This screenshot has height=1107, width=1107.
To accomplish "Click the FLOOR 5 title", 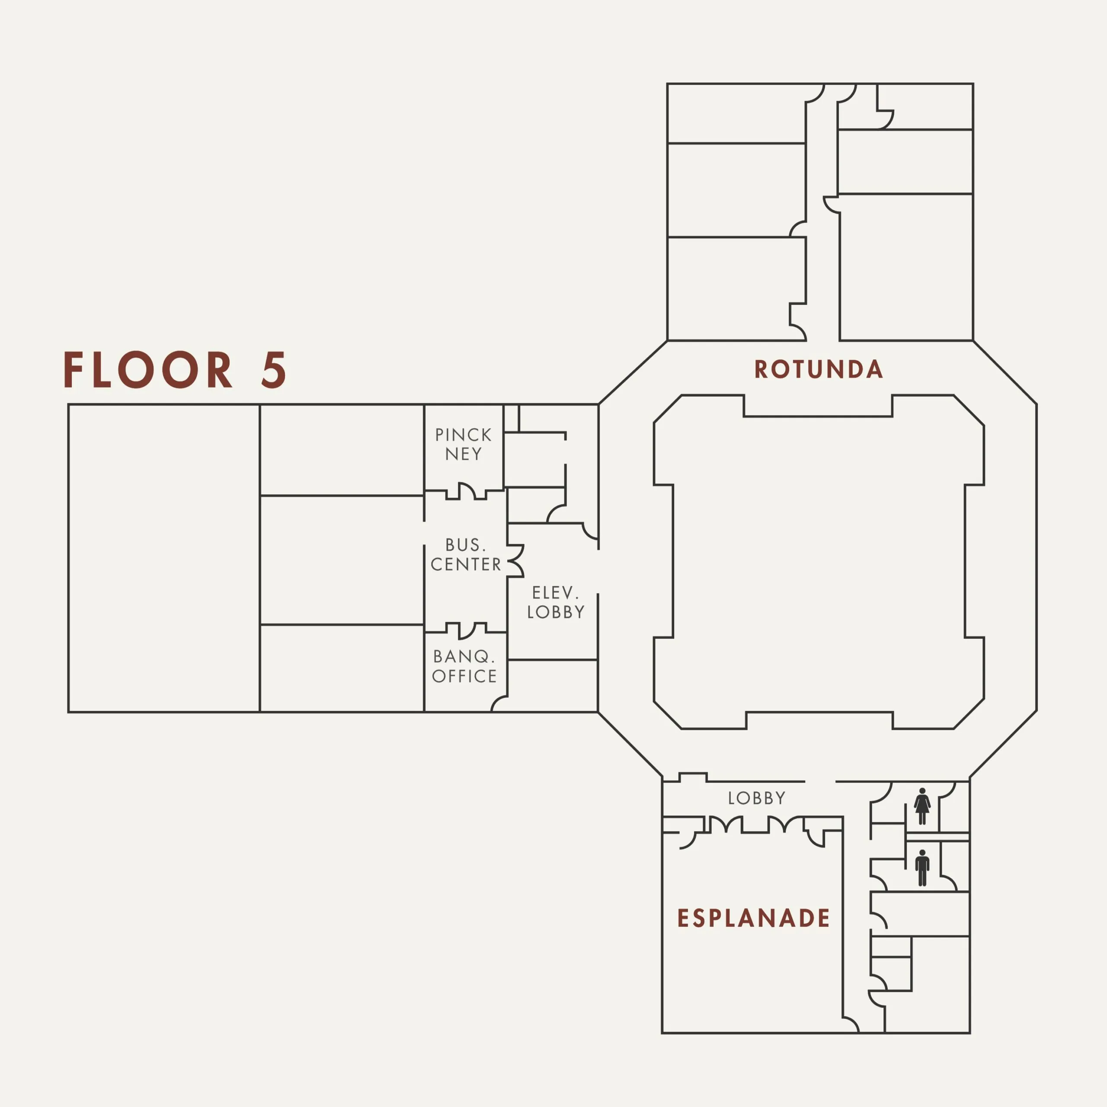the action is (175, 370).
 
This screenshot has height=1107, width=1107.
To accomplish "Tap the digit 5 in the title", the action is (273, 370).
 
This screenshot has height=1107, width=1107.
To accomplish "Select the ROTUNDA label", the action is (818, 370).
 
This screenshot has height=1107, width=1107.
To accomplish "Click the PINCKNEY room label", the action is (464, 444).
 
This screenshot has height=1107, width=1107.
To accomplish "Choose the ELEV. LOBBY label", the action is (556, 602).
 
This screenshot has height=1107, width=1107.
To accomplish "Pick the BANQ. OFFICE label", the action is (465, 666).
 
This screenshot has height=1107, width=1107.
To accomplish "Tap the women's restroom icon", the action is (922, 806).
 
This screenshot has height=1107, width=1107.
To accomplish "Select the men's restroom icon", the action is (922, 867).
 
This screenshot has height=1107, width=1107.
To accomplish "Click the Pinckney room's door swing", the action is (467, 492).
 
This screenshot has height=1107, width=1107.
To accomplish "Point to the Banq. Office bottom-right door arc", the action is (499, 704).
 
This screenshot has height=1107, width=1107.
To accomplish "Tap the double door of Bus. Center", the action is (516, 561).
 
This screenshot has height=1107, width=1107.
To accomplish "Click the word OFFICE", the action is (465, 676).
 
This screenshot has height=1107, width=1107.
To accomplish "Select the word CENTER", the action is (466, 564).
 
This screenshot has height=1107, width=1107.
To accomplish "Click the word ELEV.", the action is (555, 592).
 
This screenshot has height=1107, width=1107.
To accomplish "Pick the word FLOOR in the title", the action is (148, 370).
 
